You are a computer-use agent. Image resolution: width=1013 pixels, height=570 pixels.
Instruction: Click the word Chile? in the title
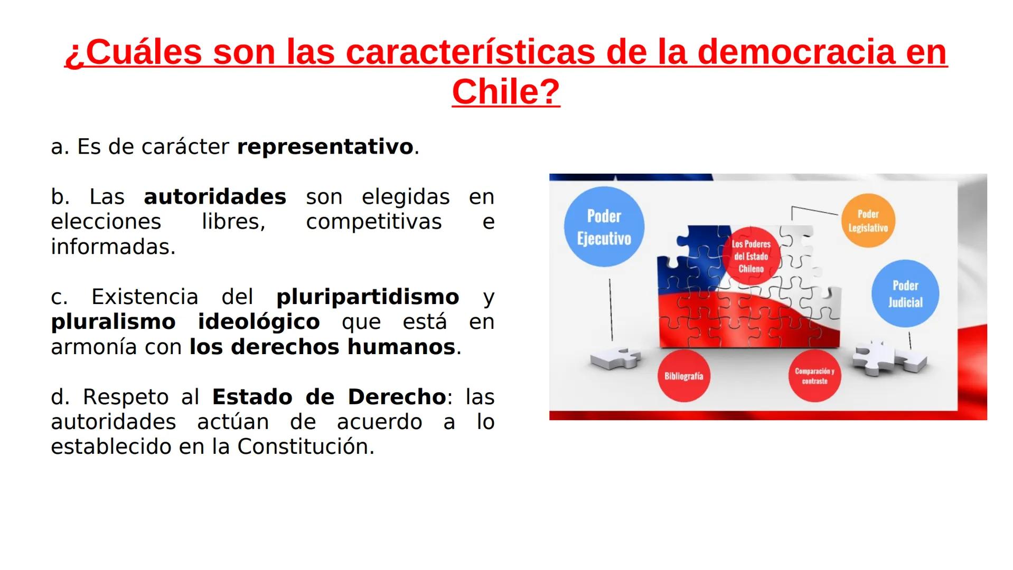point(505,92)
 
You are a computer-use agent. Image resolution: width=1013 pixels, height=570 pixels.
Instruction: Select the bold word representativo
point(325,147)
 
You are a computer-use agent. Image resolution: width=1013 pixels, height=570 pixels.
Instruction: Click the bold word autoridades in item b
point(215,197)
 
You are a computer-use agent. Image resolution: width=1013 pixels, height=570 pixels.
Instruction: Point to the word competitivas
point(373,222)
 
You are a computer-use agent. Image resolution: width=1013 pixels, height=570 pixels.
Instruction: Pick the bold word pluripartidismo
point(368,297)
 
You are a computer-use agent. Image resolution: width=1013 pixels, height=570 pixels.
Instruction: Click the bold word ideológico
point(259,322)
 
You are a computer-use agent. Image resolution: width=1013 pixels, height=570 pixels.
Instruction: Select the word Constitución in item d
point(305,447)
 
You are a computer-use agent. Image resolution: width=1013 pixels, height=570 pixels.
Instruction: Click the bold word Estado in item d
point(252,397)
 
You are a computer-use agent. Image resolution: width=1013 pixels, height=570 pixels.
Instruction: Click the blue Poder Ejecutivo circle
point(604,227)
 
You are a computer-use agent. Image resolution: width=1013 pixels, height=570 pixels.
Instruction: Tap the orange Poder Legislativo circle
point(868,221)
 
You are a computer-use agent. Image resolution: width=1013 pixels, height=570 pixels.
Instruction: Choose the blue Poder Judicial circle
point(905,293)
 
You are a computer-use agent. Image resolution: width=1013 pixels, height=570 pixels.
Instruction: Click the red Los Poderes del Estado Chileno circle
point(751,256)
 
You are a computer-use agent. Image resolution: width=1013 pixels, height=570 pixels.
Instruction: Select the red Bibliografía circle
point(683,376)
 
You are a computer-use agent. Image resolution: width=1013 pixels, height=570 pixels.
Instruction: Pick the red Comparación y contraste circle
point(814,376)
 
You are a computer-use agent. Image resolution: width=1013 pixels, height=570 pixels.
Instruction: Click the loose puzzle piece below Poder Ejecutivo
point(615,359)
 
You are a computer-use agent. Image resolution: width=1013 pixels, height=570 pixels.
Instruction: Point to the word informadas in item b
point(112,247)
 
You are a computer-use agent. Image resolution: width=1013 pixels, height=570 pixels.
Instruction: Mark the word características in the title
point(470,52)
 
